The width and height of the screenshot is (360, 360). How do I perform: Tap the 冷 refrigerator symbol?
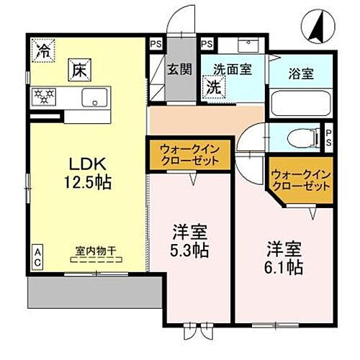click(44, 52)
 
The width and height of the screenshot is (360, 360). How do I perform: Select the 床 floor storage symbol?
click(78, 70)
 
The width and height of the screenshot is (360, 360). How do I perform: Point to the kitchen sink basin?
click(95, 98)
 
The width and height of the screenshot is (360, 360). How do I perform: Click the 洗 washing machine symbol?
click(215, 87)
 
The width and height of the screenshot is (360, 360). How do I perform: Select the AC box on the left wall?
click(36, 258)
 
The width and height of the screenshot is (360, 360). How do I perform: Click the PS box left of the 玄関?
click(156, 43)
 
